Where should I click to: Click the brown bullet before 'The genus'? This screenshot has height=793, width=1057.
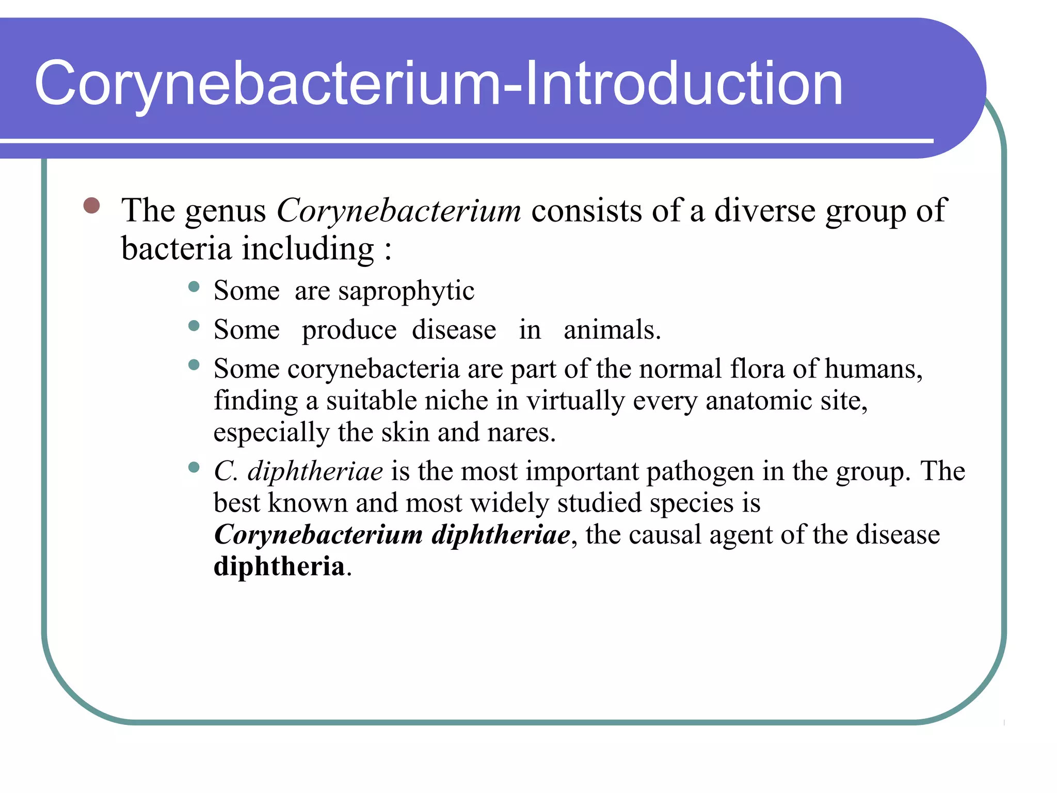91,205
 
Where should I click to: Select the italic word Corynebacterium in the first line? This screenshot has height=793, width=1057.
399,211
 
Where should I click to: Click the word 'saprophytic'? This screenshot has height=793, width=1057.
406,291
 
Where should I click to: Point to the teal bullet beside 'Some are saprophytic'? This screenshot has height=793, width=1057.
194,287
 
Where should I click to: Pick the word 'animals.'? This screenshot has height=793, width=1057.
612,330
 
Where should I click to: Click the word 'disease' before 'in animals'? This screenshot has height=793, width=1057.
454,330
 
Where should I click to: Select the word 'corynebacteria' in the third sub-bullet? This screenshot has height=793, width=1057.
373,369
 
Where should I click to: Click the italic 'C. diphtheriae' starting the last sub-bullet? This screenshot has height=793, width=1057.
298,471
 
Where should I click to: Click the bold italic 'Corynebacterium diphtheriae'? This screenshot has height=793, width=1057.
392,535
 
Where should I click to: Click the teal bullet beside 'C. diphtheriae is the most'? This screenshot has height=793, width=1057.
194,468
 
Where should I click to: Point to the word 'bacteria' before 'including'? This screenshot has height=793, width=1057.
176,249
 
